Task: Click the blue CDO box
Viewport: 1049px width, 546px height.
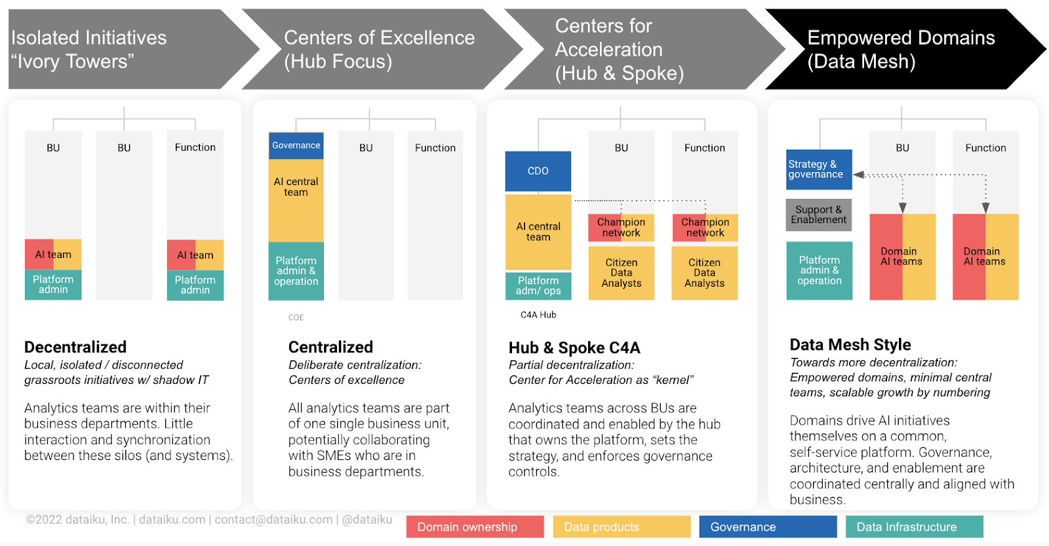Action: [538, 171]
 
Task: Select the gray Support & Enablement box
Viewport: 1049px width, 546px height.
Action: [819, 215]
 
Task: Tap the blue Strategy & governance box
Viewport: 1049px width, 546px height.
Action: [819, 170]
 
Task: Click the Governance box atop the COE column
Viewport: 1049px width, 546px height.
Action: [296, 146]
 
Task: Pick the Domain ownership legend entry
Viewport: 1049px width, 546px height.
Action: [475, 527]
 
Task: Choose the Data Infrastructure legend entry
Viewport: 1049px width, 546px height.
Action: [914, 527]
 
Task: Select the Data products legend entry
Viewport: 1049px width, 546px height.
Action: [622, 527]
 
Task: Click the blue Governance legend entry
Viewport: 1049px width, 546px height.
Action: [768, 527]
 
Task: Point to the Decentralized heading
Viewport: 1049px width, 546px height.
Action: [75, 346]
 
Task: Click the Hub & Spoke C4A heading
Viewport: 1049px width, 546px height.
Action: [574, 348]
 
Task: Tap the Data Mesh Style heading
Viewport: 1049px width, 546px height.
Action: [850, 345]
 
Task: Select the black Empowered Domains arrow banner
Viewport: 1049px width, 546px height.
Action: [905, 49]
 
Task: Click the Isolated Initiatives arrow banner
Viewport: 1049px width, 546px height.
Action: [134, 49]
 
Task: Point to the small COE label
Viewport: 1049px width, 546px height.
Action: [296, 317]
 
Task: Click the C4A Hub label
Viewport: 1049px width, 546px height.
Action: [538, 315]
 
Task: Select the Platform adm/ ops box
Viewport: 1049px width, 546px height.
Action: [538, 286]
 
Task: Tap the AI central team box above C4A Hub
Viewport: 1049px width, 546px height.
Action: [538, 232]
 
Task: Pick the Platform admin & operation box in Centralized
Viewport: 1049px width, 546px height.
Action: [296, 271]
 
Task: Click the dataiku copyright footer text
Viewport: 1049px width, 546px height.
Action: [209, 520]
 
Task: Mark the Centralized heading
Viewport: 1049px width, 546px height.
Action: [330, 346]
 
